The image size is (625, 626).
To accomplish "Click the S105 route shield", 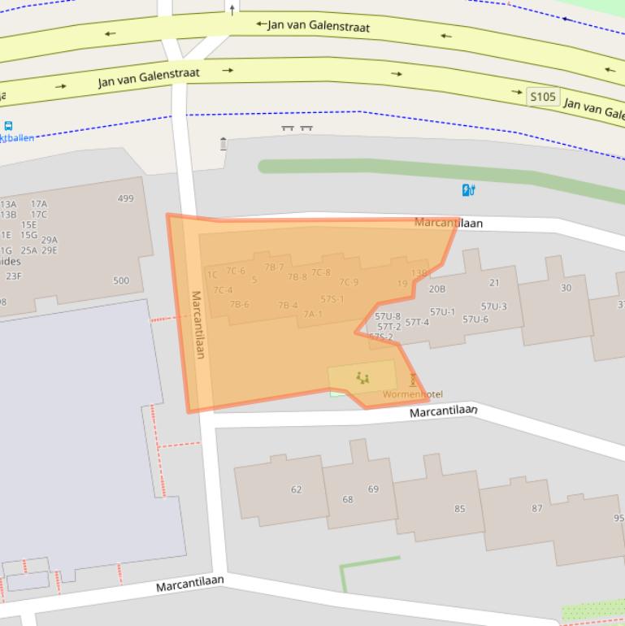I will (543, 97).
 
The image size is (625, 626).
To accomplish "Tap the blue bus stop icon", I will (8, 126).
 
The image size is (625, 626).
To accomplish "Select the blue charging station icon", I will (468, 190).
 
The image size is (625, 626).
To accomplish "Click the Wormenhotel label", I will (413, 394).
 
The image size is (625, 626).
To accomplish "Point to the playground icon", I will (362, 377).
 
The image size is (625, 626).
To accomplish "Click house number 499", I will (125, 198).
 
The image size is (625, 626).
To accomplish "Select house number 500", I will (120, 280).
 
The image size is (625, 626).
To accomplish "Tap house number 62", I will (296, 489).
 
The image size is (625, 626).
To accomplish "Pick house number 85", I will (460, 509).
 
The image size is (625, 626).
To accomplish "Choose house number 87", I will (536, 508).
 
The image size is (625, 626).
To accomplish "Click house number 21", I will (494, 283).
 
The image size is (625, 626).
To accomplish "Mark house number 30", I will (566, 288).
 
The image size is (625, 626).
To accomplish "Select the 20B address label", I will (437, 289).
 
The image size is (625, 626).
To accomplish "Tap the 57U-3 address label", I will (493, 306).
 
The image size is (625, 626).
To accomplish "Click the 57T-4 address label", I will (417, 322).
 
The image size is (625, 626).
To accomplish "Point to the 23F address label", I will (14, 276).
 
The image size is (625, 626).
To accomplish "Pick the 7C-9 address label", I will (349, 282).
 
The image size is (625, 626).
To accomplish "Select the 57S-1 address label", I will (332, 299).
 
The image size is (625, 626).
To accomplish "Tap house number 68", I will (348, 499).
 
